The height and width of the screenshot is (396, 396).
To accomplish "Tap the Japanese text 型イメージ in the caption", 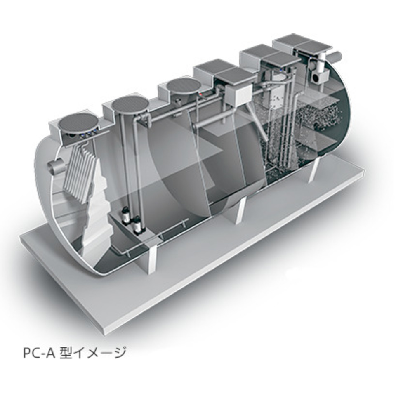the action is coord(92,353).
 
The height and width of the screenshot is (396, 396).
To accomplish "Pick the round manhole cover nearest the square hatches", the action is coord(182,87).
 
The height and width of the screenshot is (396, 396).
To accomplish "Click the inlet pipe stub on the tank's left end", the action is coord(56,165).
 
